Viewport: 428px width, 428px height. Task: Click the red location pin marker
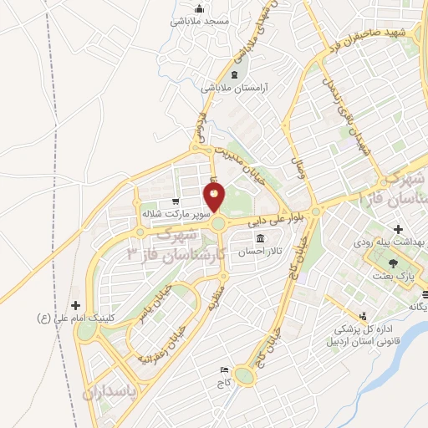[215, 198]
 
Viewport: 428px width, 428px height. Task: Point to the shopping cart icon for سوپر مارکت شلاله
[176, 201]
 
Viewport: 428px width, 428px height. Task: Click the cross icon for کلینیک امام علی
[77, 306]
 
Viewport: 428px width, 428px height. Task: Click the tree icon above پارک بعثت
[394, 262]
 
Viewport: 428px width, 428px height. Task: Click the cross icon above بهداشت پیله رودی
[398, 228]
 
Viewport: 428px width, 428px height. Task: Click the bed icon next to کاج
[223, 369]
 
